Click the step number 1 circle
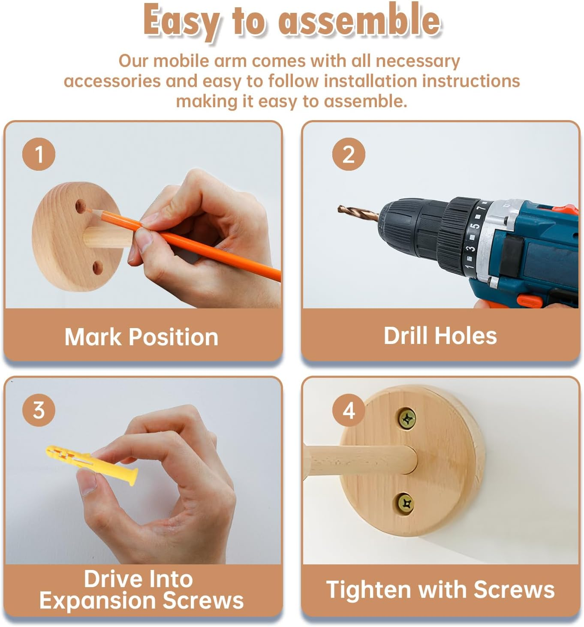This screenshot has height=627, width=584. tap(39, 154)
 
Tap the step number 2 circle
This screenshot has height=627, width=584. tap(348, 154)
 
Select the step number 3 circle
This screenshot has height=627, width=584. tap(39, 410)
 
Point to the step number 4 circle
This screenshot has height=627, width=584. tap(348, 410)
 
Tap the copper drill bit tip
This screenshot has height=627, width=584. tap(340, 208)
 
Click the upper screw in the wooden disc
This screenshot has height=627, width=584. tap(407, 419)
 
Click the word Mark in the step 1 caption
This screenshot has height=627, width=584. tap(93, 337)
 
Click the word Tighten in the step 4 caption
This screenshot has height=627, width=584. tap(368, 589)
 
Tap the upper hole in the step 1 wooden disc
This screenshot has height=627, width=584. tap(81, 206)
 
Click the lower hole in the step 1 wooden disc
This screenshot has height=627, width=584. tap(97, 268)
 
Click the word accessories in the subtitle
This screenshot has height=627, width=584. tap(112, 81)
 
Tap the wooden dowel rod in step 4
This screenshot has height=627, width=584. tap(360, 460)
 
